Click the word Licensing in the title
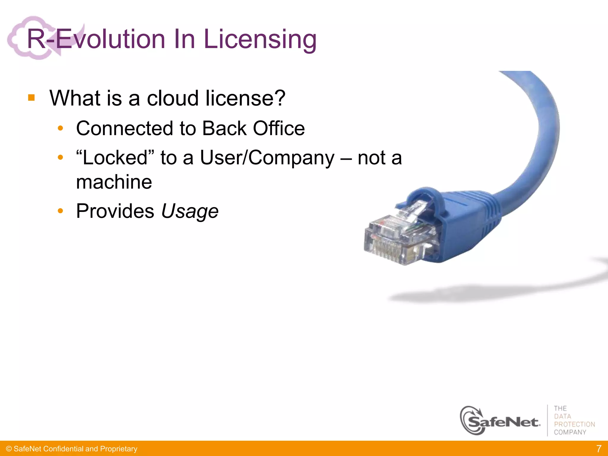260,39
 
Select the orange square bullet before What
31,98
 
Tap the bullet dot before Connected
61,128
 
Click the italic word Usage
190,211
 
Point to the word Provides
115,211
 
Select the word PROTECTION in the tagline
574,424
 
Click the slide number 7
599,448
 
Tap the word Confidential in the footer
63,449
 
